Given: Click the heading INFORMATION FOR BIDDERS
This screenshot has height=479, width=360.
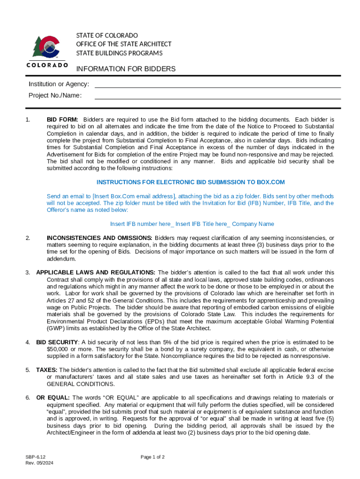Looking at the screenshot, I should click(126, 69).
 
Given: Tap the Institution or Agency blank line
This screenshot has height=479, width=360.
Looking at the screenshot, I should click(217, 84).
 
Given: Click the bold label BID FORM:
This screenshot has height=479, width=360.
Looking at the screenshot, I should click(62, 120).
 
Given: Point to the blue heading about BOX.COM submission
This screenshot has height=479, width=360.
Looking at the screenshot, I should click(190, 182).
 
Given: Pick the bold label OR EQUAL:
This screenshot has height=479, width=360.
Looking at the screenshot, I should click(53, 398).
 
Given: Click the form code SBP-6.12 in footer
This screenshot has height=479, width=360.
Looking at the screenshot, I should click(36, 457).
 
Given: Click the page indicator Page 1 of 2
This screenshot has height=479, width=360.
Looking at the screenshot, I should click(152, 457).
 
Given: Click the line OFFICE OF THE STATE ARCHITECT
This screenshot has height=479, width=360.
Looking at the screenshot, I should click(124, 44).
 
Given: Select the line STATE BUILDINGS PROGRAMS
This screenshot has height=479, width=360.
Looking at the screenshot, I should click(119, 53).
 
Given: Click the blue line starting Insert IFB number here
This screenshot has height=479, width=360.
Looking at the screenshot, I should click(192, 224).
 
